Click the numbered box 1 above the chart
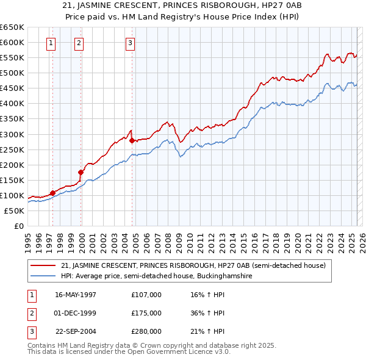(x=50, y=43)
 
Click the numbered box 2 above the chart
(x=79, y=43)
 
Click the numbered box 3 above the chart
(x=131, y=43)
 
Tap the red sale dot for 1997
(x=52, y=193)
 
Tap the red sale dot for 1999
(x=81, y=172)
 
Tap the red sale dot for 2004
(x=132, y=140)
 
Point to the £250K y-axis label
(x=13, y=149)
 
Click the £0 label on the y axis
(x=18, y=226)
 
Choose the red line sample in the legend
(x=43, y=265)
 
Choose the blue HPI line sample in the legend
(x=43, y=276)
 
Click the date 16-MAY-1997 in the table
(x=76, y=295)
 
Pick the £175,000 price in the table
(x=146, y=313)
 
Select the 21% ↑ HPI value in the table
(x=207, y=331)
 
